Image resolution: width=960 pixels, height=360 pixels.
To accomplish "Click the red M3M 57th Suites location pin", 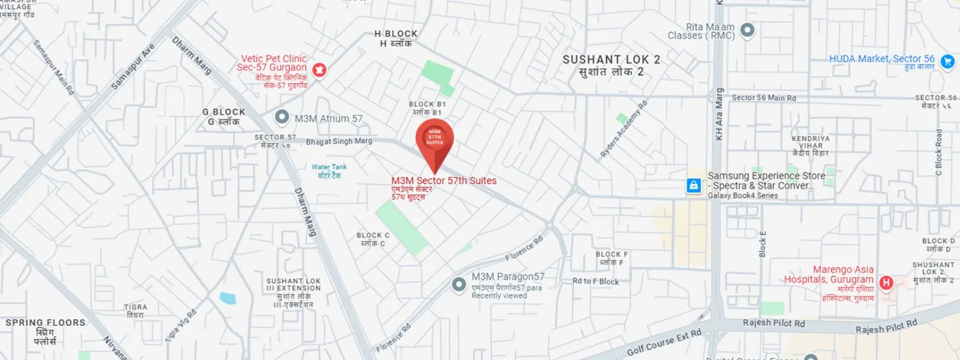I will tap(434, 140).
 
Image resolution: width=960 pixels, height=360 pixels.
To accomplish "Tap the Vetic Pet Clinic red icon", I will tap(320, 70).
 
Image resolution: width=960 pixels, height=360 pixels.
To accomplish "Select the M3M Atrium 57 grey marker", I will tap(281, 116).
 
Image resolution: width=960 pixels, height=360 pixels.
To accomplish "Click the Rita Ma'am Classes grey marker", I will tap(747, 29).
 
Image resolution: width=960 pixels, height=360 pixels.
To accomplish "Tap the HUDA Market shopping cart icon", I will tap(947, 61).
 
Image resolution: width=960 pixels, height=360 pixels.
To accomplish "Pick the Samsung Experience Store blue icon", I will tap(694, 185).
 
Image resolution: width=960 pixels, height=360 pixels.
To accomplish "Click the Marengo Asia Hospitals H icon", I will tap(886, 282).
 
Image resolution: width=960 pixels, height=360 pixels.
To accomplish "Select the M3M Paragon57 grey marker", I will tap(459, 284).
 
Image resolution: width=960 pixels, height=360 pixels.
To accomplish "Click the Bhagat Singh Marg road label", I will tap(339, 142).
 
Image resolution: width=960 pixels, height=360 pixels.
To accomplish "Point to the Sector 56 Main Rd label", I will tap(763, 98).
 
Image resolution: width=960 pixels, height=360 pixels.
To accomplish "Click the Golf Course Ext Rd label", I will tap(664, 343).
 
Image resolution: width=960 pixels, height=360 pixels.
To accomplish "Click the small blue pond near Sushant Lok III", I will tap(227, 298).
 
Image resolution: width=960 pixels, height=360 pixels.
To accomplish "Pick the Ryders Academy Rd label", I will tap(624, 130).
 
